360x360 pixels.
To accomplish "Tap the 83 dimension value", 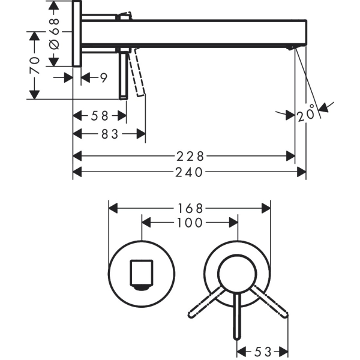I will pyautogui.click(x=110, y=134).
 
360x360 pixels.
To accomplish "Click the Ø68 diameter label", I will pyautogui.click(x=54, y=34).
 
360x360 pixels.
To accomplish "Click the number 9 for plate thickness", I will pyautogui.click(x=103, y=77).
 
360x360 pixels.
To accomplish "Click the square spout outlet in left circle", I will pyautogui.click(x=142, y=274).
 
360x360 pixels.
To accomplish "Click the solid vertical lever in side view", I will pyautogui.click(x=124, y=75).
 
